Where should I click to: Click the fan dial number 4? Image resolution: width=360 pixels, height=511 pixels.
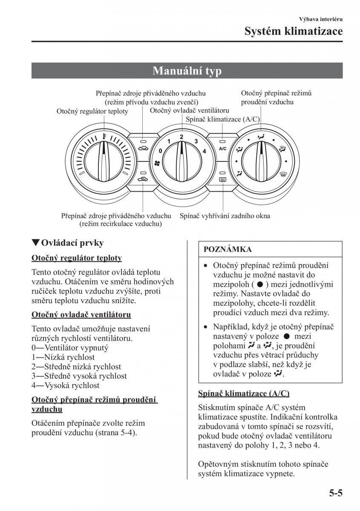coord(204,151)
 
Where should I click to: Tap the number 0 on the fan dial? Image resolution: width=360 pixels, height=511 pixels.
coord(160,151)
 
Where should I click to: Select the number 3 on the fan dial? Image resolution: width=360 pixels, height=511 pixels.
coord(196,141)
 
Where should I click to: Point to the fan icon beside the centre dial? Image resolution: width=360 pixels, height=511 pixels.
coord(156,163)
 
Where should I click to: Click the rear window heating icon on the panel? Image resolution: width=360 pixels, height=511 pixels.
coord(222,180)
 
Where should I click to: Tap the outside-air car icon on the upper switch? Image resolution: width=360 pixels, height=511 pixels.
coord(143,148)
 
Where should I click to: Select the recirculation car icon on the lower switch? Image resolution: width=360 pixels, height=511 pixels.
coord(143,180)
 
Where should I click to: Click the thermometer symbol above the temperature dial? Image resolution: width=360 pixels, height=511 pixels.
coord(103,137)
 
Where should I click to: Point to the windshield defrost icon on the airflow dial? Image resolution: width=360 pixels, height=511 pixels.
coord(282,148)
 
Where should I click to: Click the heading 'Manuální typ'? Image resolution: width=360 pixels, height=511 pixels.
coord(187,71)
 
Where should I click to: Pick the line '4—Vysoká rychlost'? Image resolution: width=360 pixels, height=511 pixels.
coord(66,385)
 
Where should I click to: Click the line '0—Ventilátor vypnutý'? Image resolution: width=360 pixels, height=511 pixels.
coord(70,348)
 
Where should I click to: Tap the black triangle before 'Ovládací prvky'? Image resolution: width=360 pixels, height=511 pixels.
coord(36,243)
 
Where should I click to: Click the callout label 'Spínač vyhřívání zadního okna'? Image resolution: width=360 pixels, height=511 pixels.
coord(225,216)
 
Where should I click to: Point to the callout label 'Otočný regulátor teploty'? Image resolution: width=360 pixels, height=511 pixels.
coord(92,111)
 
